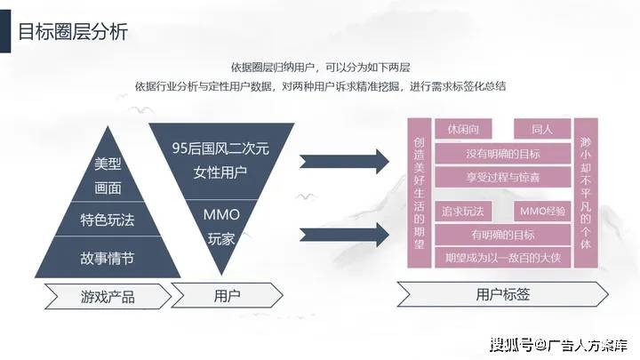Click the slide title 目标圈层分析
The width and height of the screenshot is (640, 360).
point(73,33)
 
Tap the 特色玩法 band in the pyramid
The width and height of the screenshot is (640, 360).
point(107,220)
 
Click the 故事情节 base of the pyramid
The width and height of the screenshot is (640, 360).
point(107,258)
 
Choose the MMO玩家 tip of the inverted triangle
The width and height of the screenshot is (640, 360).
point(220,224)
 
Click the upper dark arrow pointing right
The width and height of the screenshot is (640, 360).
point(365,161)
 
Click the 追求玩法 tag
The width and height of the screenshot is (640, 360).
point(462,212)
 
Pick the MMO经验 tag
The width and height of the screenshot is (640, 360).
point(540,212)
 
